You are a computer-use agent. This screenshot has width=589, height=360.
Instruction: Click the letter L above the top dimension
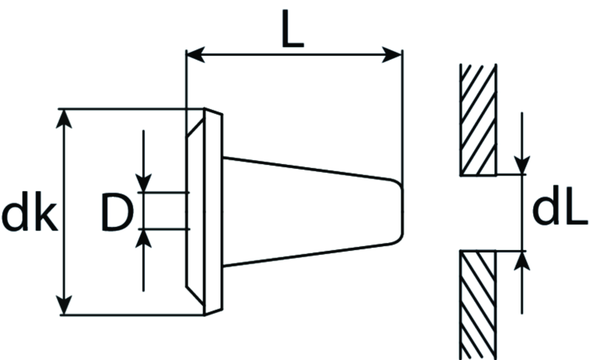292,29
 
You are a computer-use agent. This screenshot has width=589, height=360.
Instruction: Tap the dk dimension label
29,211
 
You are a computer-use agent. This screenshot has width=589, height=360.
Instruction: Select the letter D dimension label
117,212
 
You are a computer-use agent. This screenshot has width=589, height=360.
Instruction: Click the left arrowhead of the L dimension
195,55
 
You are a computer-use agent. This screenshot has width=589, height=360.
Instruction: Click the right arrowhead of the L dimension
392,55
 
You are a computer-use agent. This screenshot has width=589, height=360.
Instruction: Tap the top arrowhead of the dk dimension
64,119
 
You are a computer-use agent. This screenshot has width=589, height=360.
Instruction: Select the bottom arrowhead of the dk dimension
64,305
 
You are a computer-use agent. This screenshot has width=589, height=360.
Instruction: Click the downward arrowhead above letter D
143,182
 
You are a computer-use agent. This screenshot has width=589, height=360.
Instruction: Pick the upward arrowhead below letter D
143,238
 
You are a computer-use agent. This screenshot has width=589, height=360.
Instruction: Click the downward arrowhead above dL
522,165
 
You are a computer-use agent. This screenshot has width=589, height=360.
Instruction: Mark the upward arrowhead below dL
522,260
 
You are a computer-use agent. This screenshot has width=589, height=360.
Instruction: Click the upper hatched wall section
478,119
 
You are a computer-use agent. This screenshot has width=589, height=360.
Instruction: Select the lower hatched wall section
478,305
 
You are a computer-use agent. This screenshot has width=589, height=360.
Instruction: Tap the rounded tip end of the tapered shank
401,212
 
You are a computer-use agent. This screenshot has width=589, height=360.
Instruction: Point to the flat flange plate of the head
213,212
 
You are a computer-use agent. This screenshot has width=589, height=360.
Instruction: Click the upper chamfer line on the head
195,128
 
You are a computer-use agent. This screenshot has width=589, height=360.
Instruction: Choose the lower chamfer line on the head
195,295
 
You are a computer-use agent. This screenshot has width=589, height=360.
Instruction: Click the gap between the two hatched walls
478,213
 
